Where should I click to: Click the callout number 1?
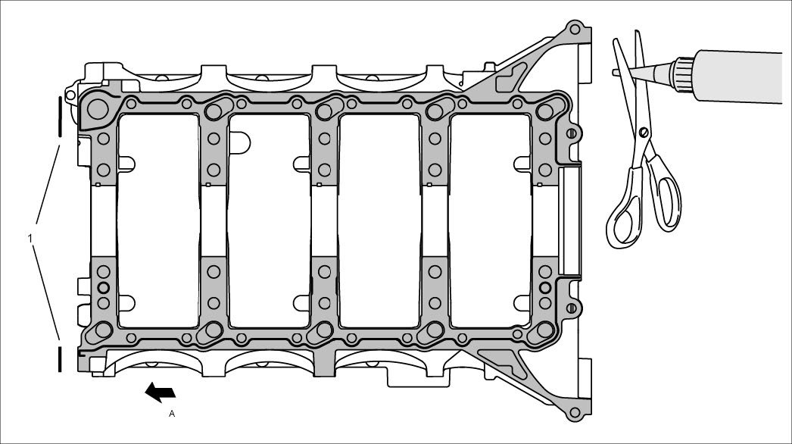click(30, 239)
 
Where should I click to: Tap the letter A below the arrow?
click(171, 414)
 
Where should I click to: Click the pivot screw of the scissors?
click(643, 133)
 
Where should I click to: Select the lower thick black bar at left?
click(58, 358)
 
